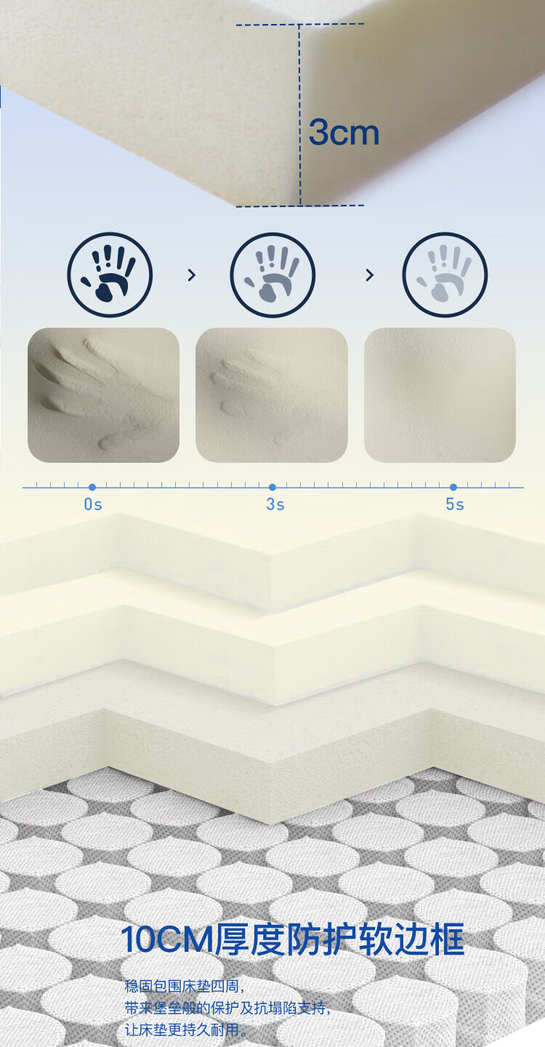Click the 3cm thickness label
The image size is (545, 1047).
click(344, 132)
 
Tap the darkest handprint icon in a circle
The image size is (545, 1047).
click(110, 275)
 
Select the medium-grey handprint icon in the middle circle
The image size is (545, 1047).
click(272, 275)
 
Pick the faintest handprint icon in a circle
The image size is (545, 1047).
click(445, 275)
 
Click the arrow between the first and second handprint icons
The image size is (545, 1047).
click(191, 275)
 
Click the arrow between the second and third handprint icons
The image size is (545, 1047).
click(369, 275)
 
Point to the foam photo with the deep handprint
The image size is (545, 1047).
click(103, 395)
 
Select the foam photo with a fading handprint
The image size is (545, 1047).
click(272, 395)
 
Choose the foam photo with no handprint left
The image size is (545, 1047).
click(440, 395)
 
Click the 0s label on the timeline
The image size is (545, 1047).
click(93, 504)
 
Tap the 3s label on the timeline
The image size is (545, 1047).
click(275, 504)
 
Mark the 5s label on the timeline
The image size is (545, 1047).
click(455, 504)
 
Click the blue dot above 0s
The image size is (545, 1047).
click(92, 487)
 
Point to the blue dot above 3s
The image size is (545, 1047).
click(272, 487)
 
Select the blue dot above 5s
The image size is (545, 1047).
click(453, 487)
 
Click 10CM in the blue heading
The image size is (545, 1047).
click(167, 939)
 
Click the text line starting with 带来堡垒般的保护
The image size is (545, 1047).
click(227, 1008)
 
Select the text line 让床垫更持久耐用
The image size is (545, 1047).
click(185, 1030)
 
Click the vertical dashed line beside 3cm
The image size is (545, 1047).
click(299, 115)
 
